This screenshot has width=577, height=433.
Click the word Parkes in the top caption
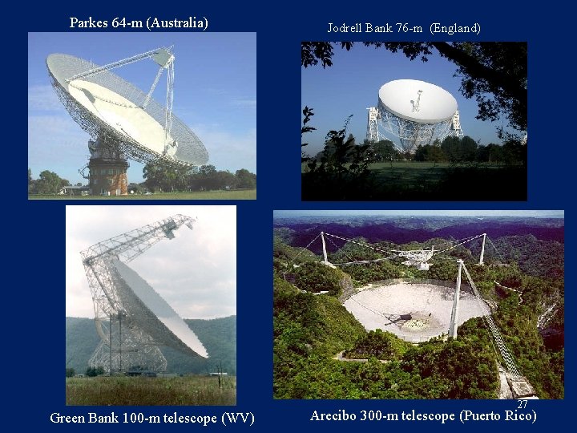point(88,22)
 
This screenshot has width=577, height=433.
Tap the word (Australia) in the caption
point(177,22)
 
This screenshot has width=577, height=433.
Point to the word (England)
point(455,28)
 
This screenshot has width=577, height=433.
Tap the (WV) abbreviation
point(238,418)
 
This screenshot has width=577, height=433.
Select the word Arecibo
point(334,415)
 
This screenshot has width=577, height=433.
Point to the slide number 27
point(523,405)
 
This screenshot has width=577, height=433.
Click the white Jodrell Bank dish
point(417,100)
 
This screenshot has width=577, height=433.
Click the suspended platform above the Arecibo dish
point(417,257)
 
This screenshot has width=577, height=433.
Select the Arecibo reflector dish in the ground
point(413,309)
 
